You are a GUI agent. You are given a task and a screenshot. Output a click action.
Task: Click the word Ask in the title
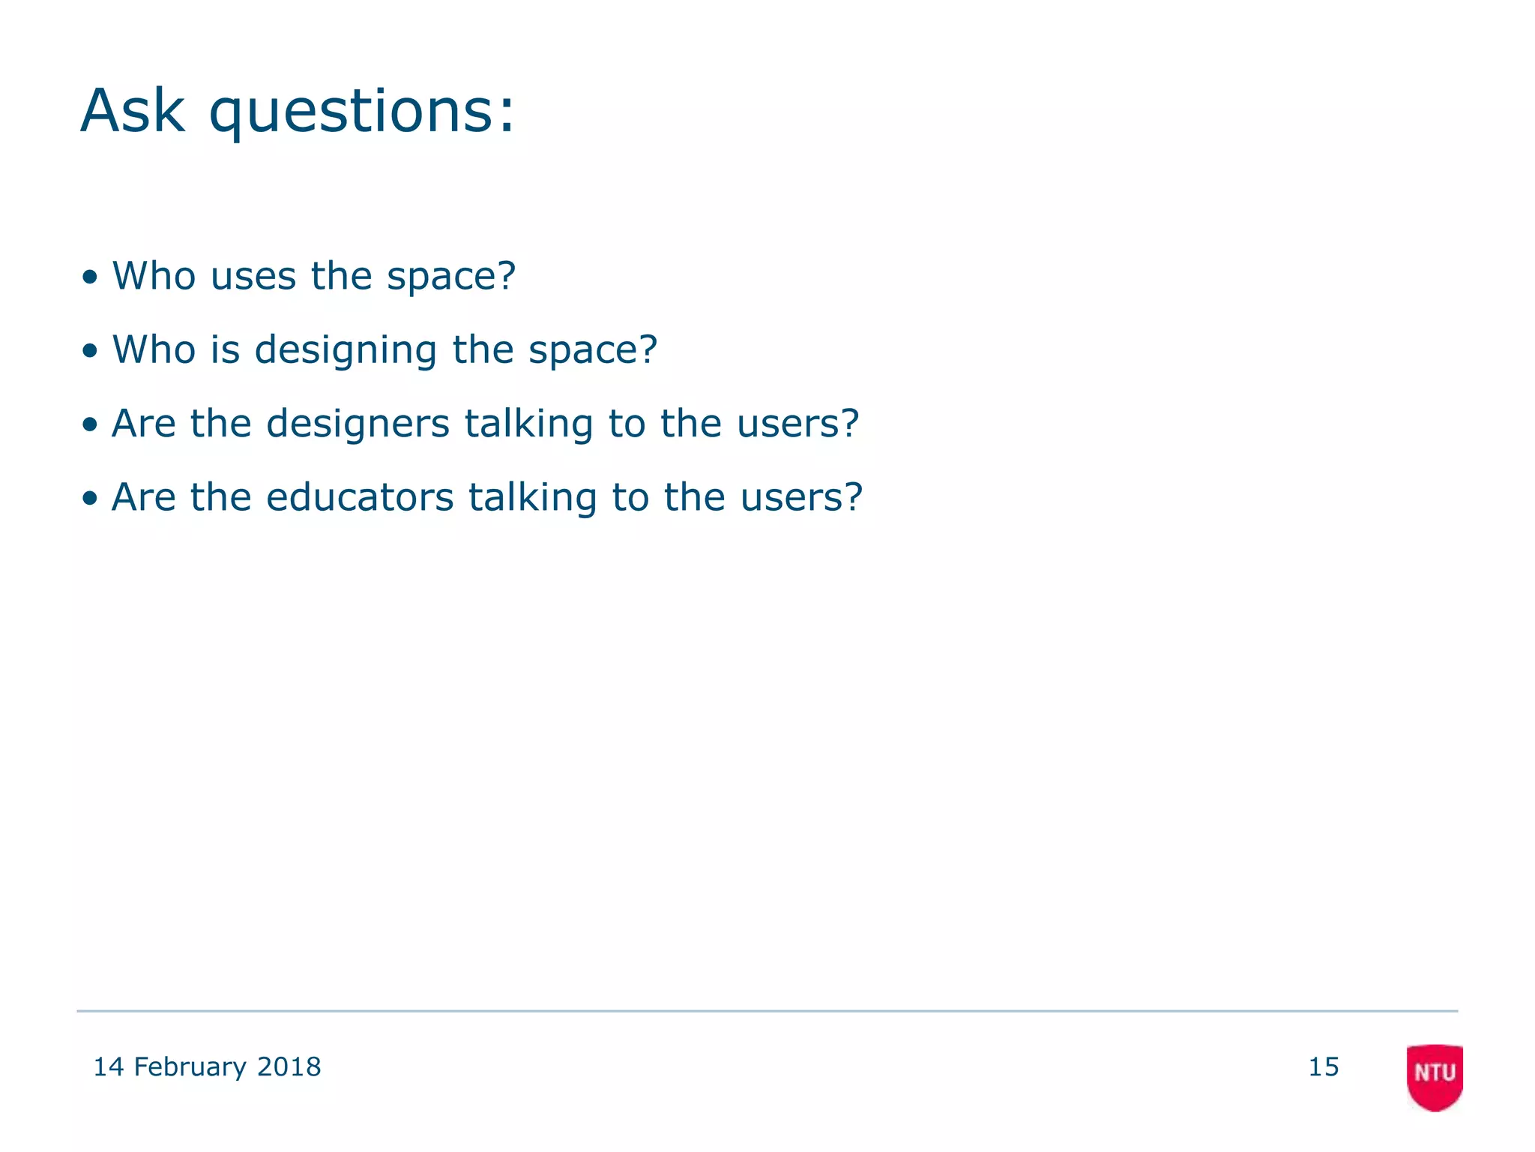[x=133, y=111]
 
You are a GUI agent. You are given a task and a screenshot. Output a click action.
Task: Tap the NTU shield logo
[x=1435, y=1076]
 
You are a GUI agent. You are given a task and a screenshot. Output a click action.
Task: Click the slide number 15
[x=1324, y=1066]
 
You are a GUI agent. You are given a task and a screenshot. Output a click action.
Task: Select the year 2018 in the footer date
[x=289, y=1066]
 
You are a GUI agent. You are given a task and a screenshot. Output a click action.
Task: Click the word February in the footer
[x=190, y=1067]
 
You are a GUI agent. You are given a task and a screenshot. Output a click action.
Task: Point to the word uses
[x=253, y=276]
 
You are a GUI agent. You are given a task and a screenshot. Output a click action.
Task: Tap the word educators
[x=360, y=497]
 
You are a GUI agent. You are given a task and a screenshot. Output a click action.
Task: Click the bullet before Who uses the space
[x=90, y=277]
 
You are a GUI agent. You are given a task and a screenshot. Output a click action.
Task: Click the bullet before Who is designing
[x=90, y=351]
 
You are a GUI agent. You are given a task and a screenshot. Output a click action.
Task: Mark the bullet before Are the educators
[x=90, y=499]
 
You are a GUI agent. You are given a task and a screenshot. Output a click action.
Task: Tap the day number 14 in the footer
[x=108, y=1066]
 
